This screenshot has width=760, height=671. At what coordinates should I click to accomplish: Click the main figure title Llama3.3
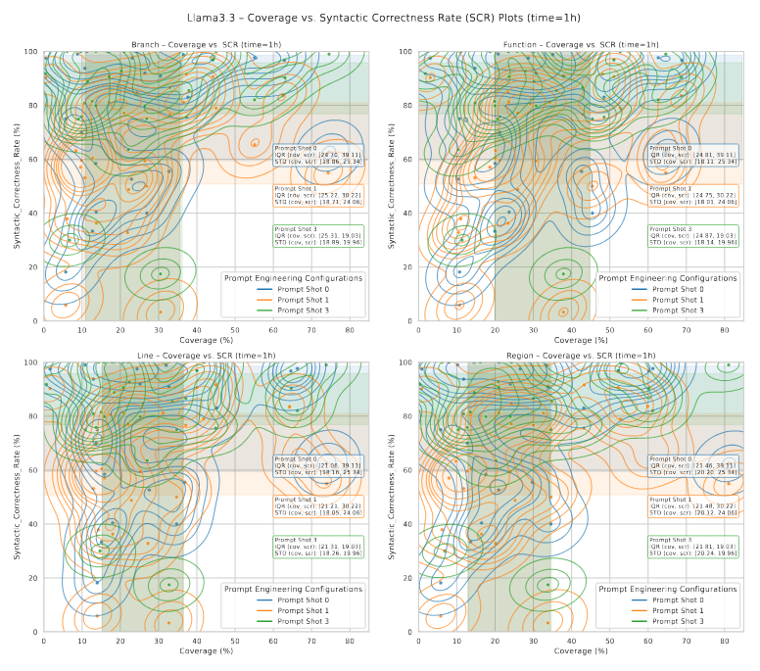click(379, 18)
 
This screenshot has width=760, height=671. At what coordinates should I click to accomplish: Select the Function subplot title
click(579, 45)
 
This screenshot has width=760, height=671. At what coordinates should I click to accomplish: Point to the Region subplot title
click(579, 356)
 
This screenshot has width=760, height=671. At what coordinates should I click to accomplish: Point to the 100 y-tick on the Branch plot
click(32, 52)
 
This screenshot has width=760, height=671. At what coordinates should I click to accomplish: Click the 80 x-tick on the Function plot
click(724, 330)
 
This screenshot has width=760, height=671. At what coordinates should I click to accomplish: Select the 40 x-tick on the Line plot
click(196, 641)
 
